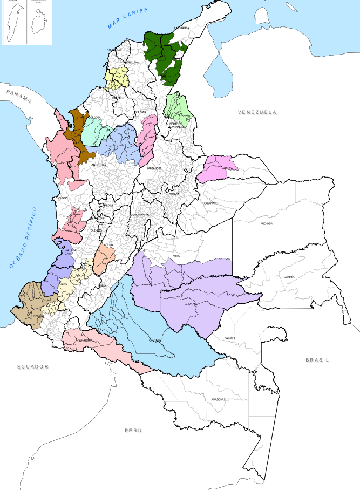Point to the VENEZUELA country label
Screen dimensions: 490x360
pyautogui.click(x=257, y=112)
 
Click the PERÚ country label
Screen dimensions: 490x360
pyautogui.click(x=133, y=430)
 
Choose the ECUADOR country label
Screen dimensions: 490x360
pyautogui.click(x=33, y=367)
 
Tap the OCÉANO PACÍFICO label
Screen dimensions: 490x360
pyautogui.click(x=23, y=237)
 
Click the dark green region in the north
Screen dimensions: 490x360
pyautogui.click(x=165, y=54)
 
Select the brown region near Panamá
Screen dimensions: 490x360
pyautogui.click(x=78, y=135)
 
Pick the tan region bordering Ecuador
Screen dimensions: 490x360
pyautogui.click(x=30, y=305)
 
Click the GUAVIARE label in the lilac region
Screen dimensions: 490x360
pyautogui.click(x=192, y=304)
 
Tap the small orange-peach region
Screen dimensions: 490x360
pyautogui.click(x=102, y=260)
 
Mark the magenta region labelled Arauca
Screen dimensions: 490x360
pyautogui.click(x=219, y=168)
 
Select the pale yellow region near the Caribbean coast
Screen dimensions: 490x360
pyautogui.click(x=117, y=78)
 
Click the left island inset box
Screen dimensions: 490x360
pyautogui.click(x=15, y=22)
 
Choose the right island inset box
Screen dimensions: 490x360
pyautogui.click(x=39, y=22)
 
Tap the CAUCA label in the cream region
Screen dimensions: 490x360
pyautogui.click(x=63, y=284)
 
